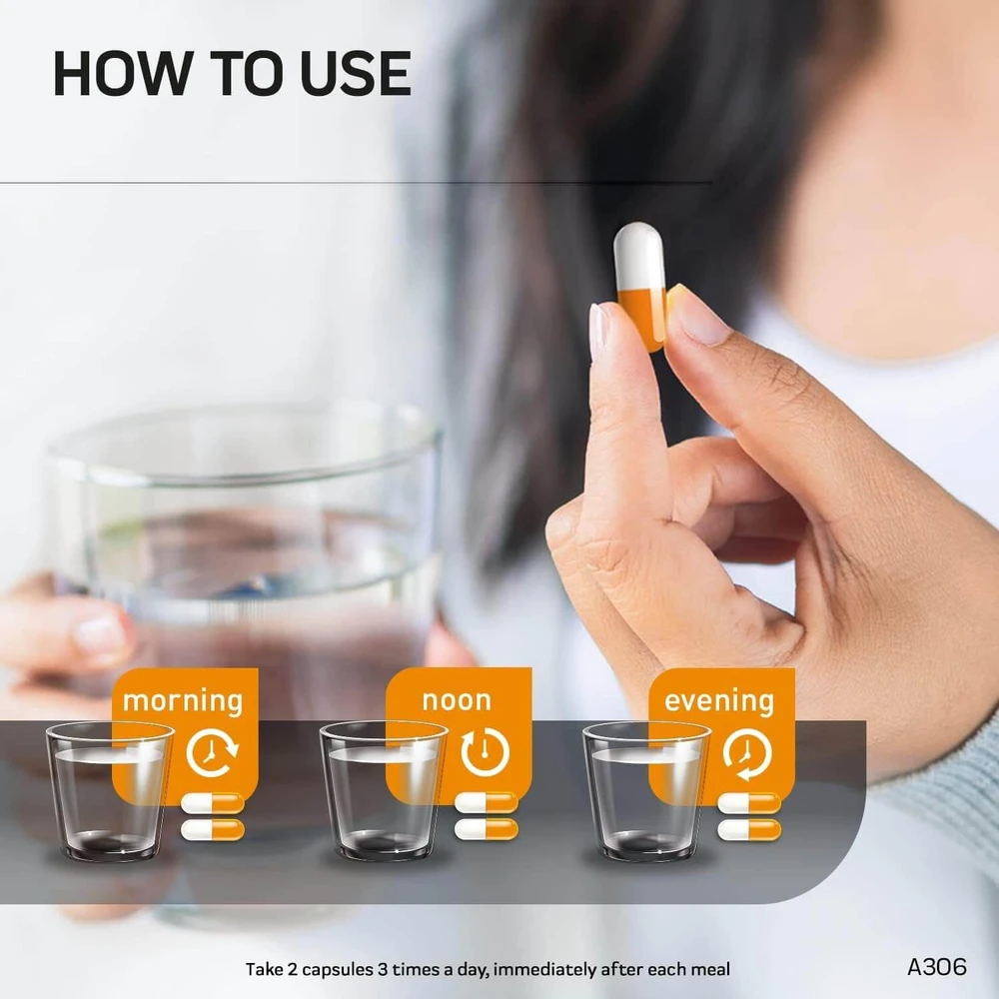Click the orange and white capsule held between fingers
pyautogui.click(x=639, y=286)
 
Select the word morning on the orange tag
pyautogui.click(x=183, y=701)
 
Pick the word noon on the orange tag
pyautogui.click(x=457, y=701)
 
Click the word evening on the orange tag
pyautogui.click(x=719, y=701)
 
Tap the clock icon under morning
pyautogui.click(x=212, y=753)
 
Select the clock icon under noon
pyautogui.click(x=485, y=753)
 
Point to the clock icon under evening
pyautogui.click(x=747, y=754)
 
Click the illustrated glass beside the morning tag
pyautogui.click(x=110, y=792)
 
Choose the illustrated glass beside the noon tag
pyautogui.click(x=383, y=792)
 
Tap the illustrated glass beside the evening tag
pyautogui.click(x=646, y=792)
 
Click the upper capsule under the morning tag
pyautogui.click(x=212, y=803)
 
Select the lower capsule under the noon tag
pyautogui.click(x=487, y=829)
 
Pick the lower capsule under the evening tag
pyautogui.click(x=749, y=829)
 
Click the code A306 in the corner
pyautogui.click(x=937, y=966)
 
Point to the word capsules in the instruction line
pyautogui.click(x=337, y=970)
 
